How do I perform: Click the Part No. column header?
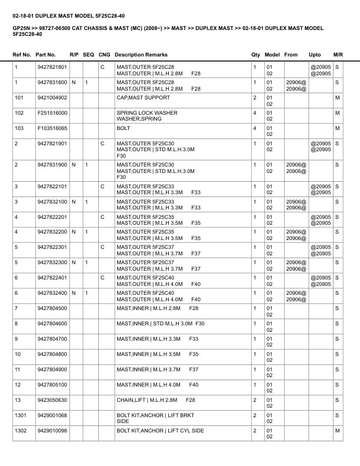point(46,55)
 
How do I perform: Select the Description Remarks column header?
point(141,55)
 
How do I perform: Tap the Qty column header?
point(255,55)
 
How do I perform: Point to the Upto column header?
point(315,55)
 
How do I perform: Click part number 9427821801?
point(52,67)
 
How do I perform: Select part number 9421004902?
point(52,98)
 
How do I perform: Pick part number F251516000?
point(52,113)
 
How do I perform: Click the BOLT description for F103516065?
point(124,128)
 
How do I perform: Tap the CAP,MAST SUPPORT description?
point(143,98)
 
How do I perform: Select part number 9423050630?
point(52,400)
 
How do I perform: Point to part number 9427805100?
point(52,385)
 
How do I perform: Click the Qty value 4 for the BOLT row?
point(255,128)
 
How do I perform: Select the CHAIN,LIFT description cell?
point(156,400)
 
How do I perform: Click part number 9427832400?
point(52,293)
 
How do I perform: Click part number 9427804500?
point(52,308)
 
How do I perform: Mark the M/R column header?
point(338,55)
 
